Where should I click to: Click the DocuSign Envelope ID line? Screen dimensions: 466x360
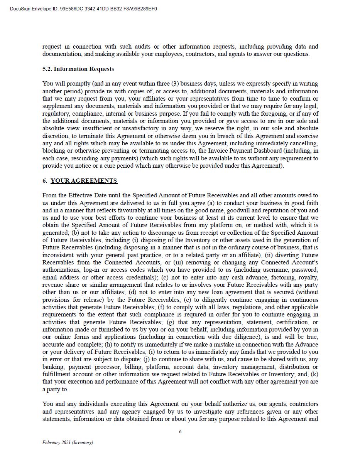83,9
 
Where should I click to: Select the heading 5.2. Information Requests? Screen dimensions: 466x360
78,69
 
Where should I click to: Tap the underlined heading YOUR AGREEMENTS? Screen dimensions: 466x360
84,181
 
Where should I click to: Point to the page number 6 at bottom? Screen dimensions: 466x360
180,432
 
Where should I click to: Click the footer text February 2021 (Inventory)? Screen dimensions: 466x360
68,442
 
